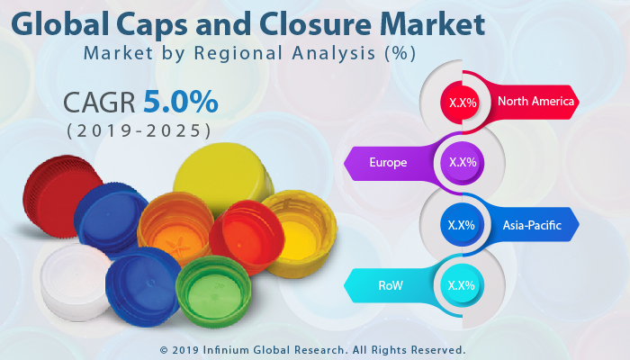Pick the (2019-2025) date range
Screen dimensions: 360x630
point(139,130)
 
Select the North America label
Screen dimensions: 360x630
point(535,102)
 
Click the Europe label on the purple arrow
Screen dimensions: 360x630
point(388,163)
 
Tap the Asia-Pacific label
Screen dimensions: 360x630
point(532,225)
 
